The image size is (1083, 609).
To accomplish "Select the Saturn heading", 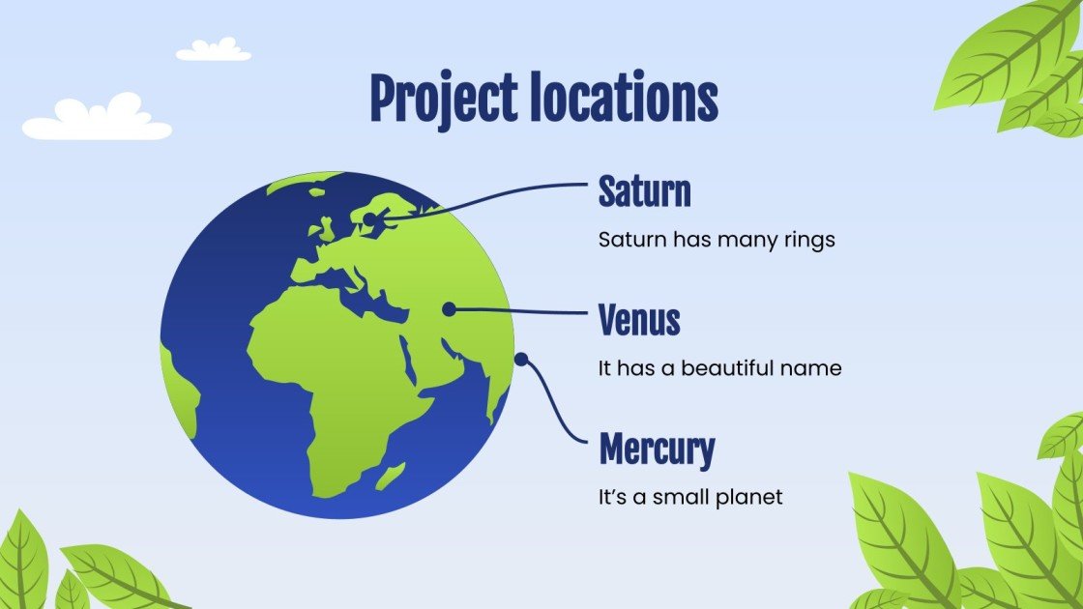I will click(x=644, y=192).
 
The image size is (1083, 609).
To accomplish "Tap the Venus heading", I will click(x=639, y=320).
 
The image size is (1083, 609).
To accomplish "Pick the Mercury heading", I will click(x=657, y=449).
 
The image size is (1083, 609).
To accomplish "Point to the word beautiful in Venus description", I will click(x=737, y=368).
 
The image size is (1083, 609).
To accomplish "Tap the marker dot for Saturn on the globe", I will click(x=368, y=220).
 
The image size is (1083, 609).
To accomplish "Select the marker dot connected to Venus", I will click(x=449, y=309).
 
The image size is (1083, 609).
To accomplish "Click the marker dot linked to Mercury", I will click(x=520, y=360).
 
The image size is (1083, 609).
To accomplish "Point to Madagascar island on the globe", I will click(x=391, y=475).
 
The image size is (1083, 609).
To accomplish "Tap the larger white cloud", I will click(x=97, y=119).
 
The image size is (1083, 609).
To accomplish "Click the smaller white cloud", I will click(x=214, y=49).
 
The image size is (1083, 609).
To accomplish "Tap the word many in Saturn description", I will click(x=742, y=239).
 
